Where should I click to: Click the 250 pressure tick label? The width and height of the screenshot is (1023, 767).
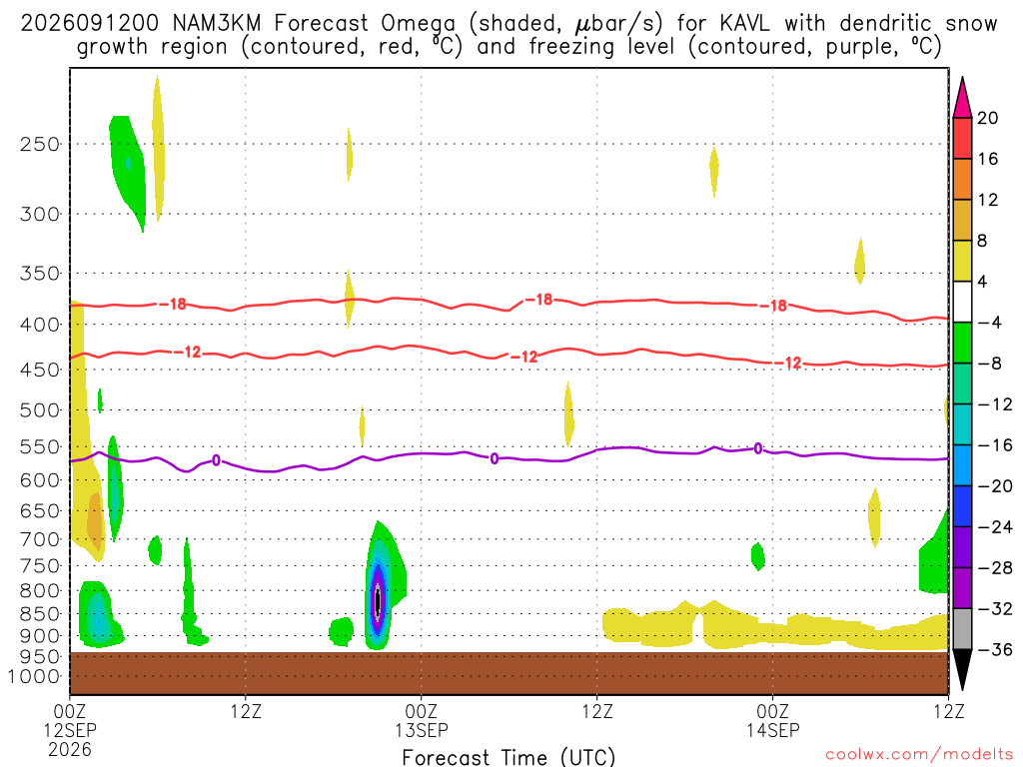(40, 144)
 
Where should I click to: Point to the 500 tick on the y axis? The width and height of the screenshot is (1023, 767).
(40, 410)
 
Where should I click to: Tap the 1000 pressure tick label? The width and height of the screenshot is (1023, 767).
(34, 677)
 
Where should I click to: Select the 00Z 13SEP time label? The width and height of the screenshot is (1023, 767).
(421, 720)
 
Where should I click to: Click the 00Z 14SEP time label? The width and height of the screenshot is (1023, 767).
(773, 720)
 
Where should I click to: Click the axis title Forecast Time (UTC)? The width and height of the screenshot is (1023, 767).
(509, 757)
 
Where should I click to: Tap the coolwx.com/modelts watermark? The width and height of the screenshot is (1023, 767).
(919, 755)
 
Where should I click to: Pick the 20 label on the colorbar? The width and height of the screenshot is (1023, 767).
(987, 118)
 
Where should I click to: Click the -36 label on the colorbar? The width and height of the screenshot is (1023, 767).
(994, 649)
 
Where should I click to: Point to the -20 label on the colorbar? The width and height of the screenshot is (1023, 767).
(994, 486)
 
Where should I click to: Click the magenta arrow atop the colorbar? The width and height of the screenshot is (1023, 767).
(962, 98)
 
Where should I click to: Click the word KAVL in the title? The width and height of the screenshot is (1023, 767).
(744, 24)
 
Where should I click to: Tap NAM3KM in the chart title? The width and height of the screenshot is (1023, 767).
(217, 24)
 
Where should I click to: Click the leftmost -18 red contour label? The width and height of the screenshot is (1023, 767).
(173, 304)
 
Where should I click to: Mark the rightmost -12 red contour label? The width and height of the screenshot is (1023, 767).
(788, 363)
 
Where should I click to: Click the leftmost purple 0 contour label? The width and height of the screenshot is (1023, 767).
(216, 461)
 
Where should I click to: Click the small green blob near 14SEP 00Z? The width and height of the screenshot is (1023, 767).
(757, 556)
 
